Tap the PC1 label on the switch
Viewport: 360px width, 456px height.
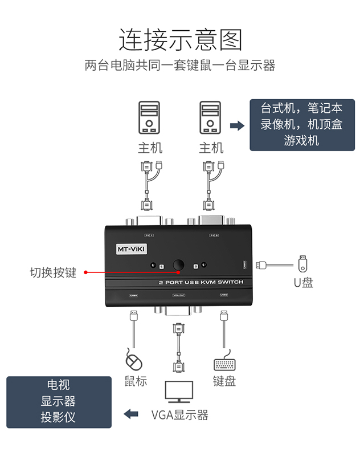(x=149, y=235)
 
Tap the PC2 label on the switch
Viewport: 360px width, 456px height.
(x=214, y=235)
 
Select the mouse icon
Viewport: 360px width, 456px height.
(x=133, y=361)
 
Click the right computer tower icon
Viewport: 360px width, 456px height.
(x=210, y=118)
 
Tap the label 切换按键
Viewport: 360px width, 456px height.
(x=53, y=272)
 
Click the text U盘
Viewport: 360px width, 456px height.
(x=302, y=282)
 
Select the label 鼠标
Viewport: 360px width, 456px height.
(x=136, y=381)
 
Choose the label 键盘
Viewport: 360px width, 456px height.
(x=224, y=381)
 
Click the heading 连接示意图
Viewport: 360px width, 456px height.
(x=180, y=40)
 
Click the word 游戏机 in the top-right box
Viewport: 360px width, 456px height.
(x=301, y=140)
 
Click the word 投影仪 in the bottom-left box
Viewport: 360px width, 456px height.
(x=58, y=417)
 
